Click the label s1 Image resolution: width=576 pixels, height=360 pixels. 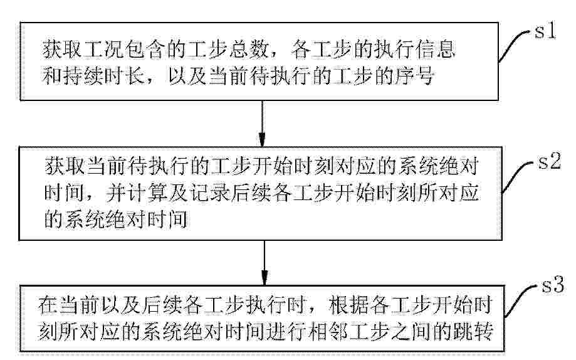[545, 31]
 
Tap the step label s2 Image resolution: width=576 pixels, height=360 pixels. [550, 161]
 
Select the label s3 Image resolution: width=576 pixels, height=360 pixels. [552, 285]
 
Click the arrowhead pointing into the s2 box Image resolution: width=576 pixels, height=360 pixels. [262, 139]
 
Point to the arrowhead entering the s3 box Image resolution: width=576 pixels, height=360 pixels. [264, 278]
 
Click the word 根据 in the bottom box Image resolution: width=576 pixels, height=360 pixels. [348, 306]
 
